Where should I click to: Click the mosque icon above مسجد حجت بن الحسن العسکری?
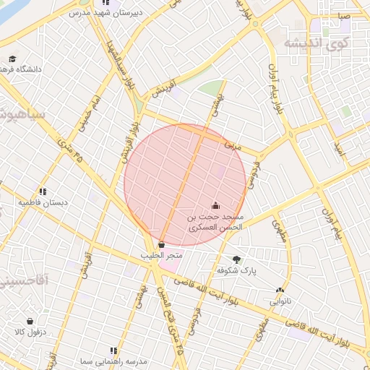click(x=216, y=206)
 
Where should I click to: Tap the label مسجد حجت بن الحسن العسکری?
click(x=216, y=222)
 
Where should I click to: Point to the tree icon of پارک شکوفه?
click(x=237, y=259)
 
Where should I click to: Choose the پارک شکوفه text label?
click(x=237, y=270)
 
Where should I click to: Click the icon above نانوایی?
click(x=279, y=291)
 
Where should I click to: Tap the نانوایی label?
click(x=280, y=301)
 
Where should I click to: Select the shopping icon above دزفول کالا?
click(x=30, y=321)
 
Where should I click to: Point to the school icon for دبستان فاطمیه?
click(x=43, y=192)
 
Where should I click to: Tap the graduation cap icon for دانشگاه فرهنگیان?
click(x=12, y=59)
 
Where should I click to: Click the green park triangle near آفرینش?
click(x=210, y=89)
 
